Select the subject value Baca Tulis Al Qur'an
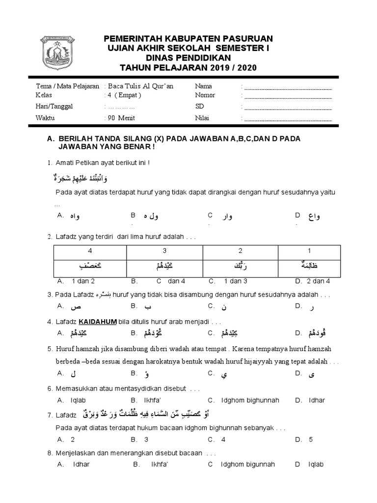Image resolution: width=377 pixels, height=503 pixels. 140,86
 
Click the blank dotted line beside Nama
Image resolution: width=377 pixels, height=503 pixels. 288,88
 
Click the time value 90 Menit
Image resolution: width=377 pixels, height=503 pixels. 121,118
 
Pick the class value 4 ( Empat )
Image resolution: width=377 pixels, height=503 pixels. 124,95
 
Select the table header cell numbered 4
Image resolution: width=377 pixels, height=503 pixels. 89,251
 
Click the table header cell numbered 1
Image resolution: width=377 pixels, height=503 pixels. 309,251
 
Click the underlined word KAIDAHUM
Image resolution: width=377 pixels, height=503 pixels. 98,322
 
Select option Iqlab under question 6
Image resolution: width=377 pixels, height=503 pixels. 78,400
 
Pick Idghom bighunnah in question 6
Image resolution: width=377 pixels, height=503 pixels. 243,400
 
